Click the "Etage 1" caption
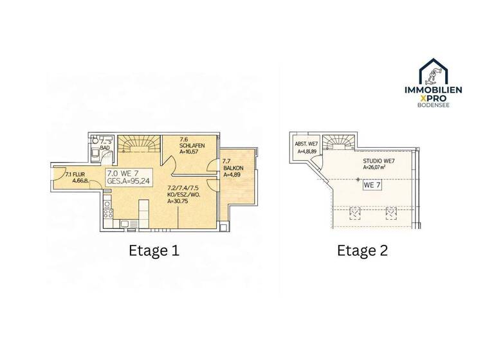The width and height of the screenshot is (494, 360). [x=154, y=250]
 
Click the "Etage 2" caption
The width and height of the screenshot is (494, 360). [x=362, y=250]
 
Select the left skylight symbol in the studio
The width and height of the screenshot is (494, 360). [x=354, y=212]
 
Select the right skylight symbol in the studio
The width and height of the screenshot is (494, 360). [x=389, y=212]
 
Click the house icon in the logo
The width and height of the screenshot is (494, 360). [x=441, y=71]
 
